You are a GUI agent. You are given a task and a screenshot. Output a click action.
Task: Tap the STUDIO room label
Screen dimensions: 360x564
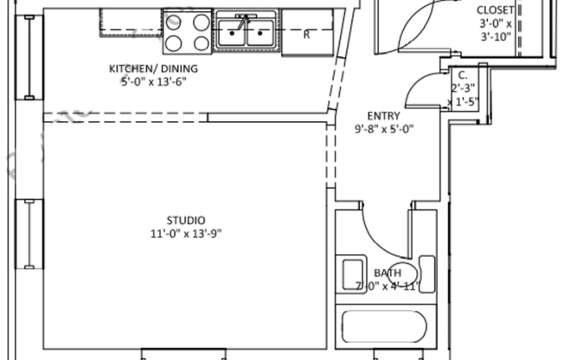point(186,220)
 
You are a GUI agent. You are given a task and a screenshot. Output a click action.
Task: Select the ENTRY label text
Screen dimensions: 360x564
point(383,116)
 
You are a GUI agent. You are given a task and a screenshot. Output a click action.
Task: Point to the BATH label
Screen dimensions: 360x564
point(387,273)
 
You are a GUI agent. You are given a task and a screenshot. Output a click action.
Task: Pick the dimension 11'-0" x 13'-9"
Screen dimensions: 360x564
point(186,233)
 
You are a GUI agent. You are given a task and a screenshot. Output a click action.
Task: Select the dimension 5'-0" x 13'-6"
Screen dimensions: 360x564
point(153,82)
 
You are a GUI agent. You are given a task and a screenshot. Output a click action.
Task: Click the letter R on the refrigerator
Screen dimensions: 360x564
point(306,35)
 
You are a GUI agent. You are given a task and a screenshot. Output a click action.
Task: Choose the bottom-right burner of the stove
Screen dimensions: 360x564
point(201,41)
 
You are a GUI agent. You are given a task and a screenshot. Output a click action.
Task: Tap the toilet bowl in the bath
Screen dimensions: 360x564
point(401,273)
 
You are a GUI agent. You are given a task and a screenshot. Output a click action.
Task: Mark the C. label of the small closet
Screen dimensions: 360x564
point(463,74)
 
